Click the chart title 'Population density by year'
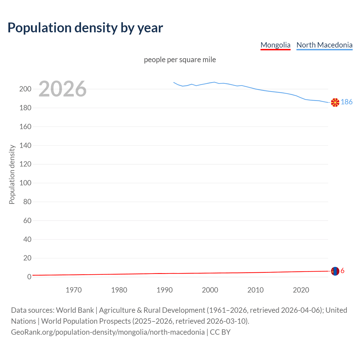[85, 28]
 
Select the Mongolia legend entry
[275, 45]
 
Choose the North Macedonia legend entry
[324, 45]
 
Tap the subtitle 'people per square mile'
[180, 60]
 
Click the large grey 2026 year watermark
[62, 89]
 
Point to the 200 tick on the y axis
[25, 89]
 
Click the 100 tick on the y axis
[25, 183]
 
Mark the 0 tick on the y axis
[29, 277]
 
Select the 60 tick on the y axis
[27, 220]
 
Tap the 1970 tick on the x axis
[74, 290]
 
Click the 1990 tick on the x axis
[165, 290]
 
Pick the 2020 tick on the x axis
[301, 290]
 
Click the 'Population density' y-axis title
[12, 174]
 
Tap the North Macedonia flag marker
[335, 103]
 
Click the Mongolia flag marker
[335, 271]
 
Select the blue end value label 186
[346, 102]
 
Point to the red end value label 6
[343, 271]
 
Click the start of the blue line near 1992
[174, 82]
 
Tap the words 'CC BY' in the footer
[220, 332]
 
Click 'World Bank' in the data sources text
[75, 310]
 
